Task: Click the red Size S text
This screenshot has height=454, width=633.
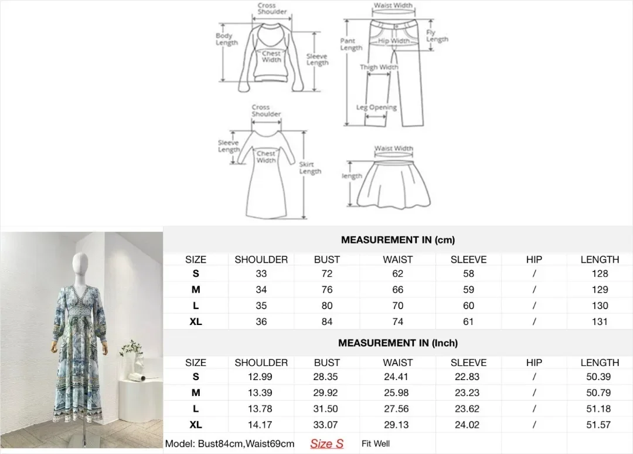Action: [x=326, y=443]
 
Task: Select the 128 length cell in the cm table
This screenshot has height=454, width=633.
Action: [x=600, y=273]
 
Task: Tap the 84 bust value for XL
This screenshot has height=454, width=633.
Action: [x=327, y=321]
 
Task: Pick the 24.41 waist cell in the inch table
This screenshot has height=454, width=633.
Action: [x=396, y=377]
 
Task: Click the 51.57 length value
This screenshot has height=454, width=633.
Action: [x=598, y=425]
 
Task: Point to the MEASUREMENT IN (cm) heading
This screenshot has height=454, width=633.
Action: [x=397, y=240]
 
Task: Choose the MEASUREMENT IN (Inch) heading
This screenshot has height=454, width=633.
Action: [x=397, y=343]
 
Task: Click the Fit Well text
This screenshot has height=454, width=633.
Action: [x=376, y=443]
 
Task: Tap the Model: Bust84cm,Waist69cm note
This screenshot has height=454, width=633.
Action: [x=229, y=443]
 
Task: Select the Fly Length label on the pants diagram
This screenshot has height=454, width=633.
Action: [x=437, y=36]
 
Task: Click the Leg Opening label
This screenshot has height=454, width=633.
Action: [x=376, y=107]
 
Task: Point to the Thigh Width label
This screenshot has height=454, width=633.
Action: [x=379, y=67]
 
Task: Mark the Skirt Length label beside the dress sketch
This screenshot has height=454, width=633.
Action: [x=310, y=168]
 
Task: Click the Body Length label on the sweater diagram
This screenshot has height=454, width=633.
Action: [x=226, y=39]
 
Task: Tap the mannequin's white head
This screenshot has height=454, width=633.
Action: [x=80, y=265]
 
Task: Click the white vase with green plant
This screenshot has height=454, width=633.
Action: [x=134, y=358]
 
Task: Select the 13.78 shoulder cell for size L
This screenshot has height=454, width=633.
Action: [x=260, y=408]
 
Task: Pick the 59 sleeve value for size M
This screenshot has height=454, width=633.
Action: [x=468, y=290]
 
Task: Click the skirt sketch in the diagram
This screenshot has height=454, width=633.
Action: [x=393, y=184]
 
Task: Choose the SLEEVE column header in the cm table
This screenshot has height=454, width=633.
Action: [x=468, y=259]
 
